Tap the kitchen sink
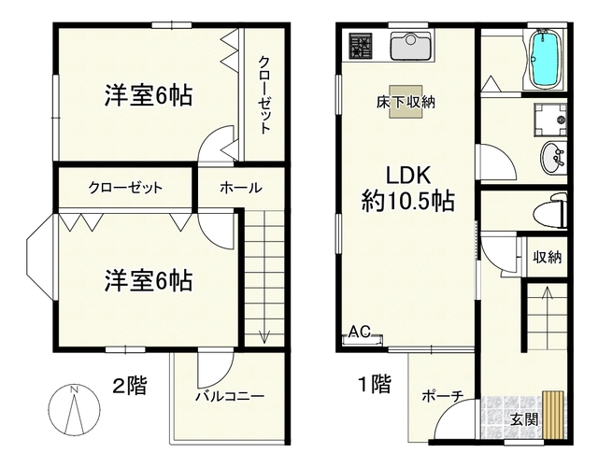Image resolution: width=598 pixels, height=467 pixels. [409, 46]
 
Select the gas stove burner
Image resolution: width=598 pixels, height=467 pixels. [360, 46]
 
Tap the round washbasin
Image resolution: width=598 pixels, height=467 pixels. [552, 159]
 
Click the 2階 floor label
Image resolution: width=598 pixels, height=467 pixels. [129, 385]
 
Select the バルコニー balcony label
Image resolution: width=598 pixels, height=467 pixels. [229, 396]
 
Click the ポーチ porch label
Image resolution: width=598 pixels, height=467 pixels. [442, 396]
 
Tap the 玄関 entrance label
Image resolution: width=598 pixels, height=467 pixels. [523, 419]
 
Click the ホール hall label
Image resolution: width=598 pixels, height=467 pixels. [240, 188]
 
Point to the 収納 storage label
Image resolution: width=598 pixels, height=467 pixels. [547, 257]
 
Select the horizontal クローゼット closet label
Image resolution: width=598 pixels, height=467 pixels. [125, 188]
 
